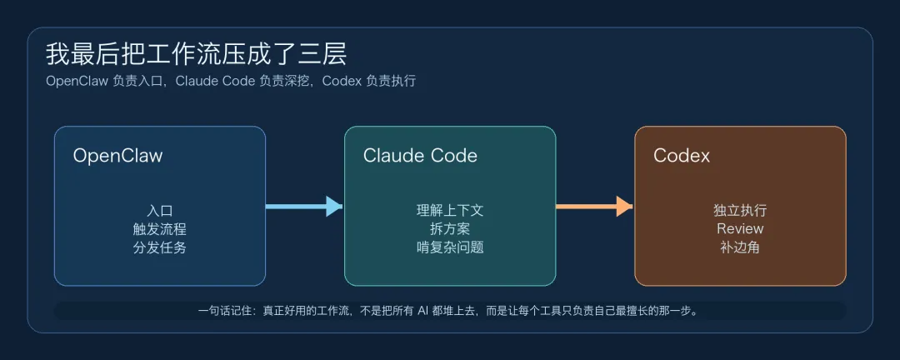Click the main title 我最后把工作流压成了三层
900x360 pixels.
(x=196, y=54)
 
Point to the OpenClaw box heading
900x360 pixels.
(x=117, y=156)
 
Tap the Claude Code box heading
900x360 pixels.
(x=420, y=156)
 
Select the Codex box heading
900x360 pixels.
(x=682, y=156)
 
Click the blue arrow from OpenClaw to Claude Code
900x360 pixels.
(x=304, y=206)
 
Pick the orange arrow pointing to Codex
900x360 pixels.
(x=594, y=206)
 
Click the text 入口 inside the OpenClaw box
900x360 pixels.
(x=159, y=211)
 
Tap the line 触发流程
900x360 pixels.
(x=159, y=229)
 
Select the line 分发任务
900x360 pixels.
(x=159, y=247)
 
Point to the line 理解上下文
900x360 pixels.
(x=450, y=211)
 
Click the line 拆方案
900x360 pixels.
(x=450, y=229)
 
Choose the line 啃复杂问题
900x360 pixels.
(x=450, y=247)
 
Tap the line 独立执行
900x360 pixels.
(x=740, y=211)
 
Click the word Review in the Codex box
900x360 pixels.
(x=740, y=229)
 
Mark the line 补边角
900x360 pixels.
(x=740, y=247)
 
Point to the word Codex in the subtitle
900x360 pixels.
(x=342, y=82)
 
